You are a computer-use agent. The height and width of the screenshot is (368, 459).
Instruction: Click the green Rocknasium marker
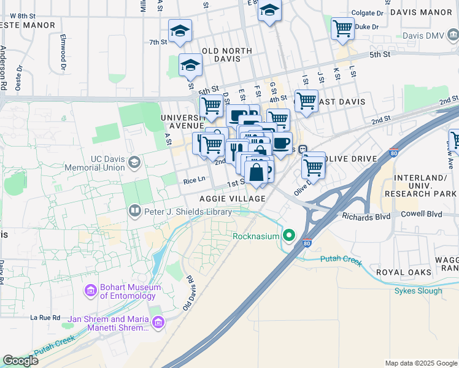(x=288, y=236)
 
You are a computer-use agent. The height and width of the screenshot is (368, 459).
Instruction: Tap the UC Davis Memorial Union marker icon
(x=134, y=163)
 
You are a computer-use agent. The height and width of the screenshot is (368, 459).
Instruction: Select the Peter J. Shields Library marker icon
(x=134, y=212)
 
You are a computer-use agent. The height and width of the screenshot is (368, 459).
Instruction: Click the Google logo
(x=20, y=361)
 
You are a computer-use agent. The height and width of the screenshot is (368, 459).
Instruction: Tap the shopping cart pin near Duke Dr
(x=342, y=28)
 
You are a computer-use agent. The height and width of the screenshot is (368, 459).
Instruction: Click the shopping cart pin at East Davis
(x=306, y=101)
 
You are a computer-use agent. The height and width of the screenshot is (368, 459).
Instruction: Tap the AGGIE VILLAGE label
(x=233, y=199)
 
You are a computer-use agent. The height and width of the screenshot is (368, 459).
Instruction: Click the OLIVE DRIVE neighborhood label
(x=352, y=159)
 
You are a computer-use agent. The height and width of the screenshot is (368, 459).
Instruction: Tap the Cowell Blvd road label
(x=422, y=214)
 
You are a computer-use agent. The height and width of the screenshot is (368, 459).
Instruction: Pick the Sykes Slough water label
(x=418, y=291)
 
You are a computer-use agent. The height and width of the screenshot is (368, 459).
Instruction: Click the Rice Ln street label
(x=195, y=181)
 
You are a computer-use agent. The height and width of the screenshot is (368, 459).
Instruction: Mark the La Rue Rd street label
(x=45, y=318)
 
